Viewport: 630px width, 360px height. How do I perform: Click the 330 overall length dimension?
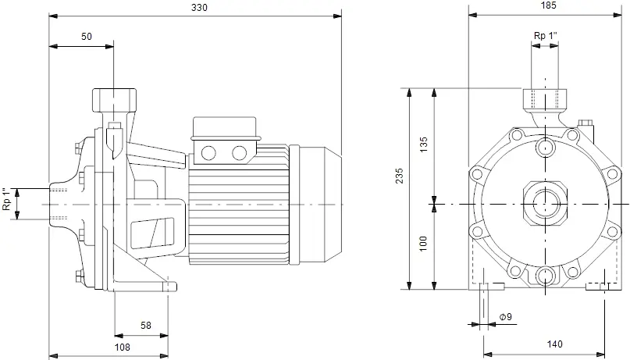coord(199,8)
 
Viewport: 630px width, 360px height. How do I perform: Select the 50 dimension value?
coord(87,37)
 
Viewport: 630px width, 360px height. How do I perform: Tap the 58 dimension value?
coord(146,325)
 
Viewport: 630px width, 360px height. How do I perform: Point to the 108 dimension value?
coord(122,348)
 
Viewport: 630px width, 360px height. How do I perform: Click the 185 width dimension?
coord(549,5)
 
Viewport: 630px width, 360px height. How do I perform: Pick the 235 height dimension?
coord(399,176)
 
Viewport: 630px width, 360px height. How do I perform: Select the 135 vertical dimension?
coord(423,144)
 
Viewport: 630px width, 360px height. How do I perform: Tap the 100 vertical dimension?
coord(423,244)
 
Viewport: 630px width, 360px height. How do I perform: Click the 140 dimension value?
coord(554,344)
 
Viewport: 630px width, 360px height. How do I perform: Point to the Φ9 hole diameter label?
coord(506,317)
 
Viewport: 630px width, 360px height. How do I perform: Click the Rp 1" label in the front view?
coord(546,36)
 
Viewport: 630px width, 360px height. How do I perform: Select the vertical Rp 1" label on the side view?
coord(6,199)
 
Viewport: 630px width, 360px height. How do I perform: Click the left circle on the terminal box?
coord(208,153)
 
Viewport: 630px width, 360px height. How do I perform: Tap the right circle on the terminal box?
coord(240,153)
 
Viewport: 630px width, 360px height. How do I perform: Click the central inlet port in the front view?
coord(545,204)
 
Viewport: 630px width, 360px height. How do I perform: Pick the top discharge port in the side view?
coord(114,100)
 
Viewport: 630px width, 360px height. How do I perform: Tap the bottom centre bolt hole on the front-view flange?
coord(546,276)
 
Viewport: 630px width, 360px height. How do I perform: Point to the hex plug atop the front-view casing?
coord(584,122)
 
